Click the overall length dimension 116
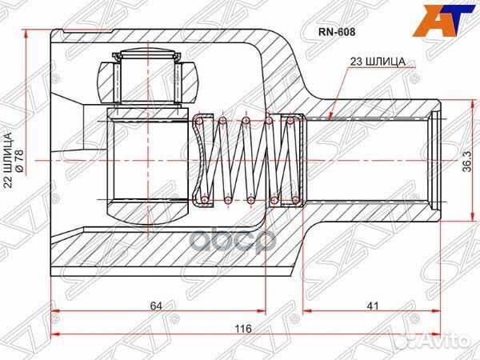(x=244, y=330)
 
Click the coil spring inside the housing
(x=244, y=158)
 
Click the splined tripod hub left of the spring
(x=144, y=158)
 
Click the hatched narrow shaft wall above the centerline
(x=376, y=106)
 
